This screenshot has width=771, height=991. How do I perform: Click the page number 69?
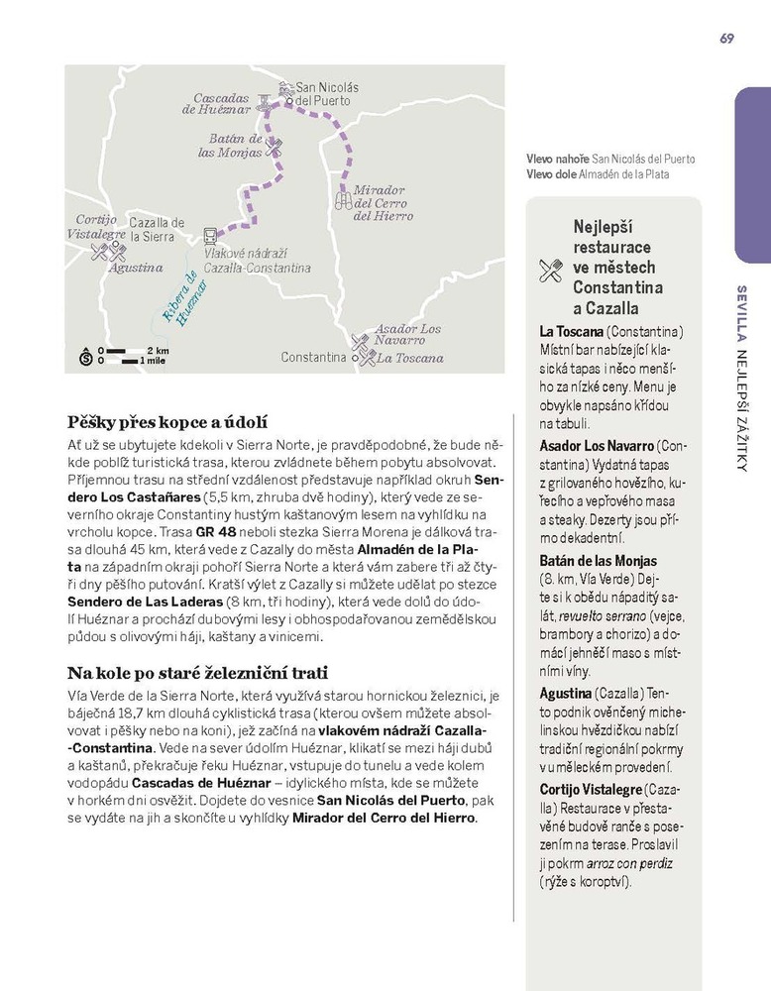pyautogui.click(x=727, y=39)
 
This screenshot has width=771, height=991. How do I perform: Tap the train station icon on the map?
pyautogui.click(x=210, y=236)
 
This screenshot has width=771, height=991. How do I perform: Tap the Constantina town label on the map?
pyautogui.click(x=314, y=357)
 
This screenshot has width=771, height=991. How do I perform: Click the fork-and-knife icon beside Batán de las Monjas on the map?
pyautogui.click(x=275, y=148)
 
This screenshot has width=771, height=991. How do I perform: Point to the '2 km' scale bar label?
pyautogui.click(x=158, y=351)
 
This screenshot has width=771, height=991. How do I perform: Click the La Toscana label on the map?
pyautogui.click(x=410, y=358)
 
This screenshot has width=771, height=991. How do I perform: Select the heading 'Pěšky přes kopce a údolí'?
pyautogui.click(x=167, y=422)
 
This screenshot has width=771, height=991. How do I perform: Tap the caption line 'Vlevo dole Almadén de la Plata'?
pyautogui.click(x=598, y=174)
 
